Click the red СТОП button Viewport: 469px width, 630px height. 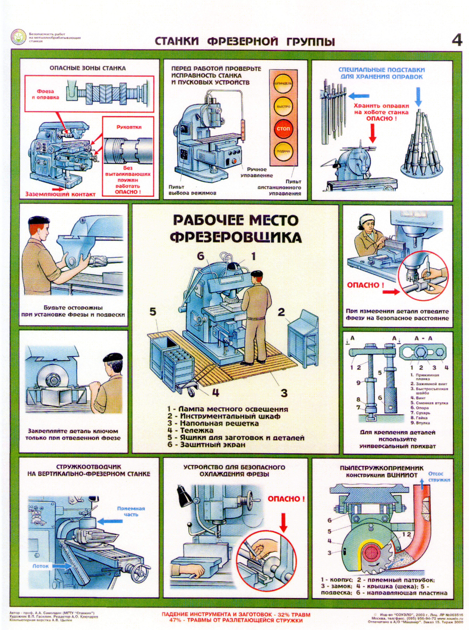click(283, 129)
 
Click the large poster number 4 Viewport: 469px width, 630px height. click(457, 41)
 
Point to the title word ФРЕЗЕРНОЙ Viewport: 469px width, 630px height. click(242, 42)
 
